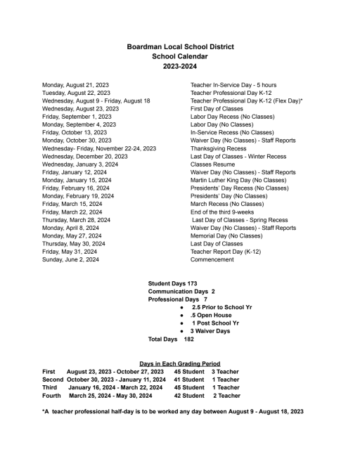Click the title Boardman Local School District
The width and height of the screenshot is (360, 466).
point(180,46)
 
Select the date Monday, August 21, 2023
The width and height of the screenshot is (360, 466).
point(75,84)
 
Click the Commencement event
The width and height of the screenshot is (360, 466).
point(212,259)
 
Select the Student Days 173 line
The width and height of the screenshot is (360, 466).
point(172,283)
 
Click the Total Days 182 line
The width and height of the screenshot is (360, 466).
point(167,339)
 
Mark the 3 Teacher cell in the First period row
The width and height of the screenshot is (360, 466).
point(225,371)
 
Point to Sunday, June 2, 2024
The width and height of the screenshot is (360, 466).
point(70,259)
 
